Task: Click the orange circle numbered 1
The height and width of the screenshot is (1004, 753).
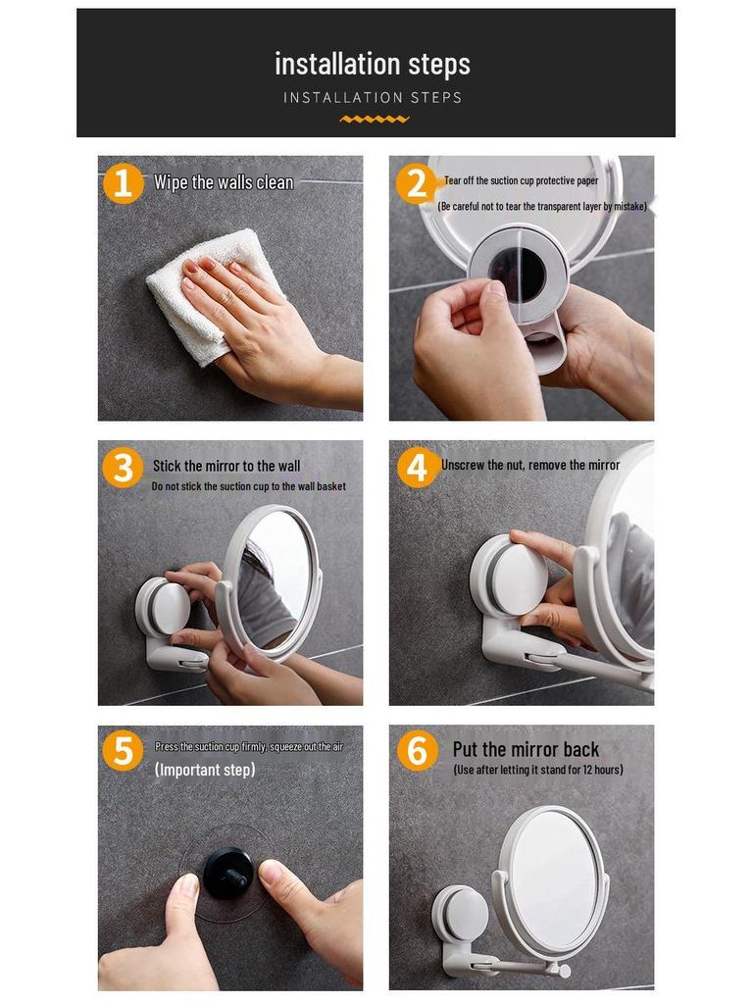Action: [123, 183]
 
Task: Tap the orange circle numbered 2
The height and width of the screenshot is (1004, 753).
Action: [416, 183]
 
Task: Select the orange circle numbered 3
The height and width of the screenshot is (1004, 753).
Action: [123, 468]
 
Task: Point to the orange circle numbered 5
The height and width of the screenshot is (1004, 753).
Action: [123, 752]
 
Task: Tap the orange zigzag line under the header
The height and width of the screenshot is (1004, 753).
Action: [375, 119]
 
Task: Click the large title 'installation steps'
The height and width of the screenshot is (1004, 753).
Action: [373, 64]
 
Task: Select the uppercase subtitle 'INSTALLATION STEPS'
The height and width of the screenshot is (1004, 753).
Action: [373, 97]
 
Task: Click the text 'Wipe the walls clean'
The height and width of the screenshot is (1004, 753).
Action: [223, 182]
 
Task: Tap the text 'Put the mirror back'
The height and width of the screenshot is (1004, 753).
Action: [526, 750]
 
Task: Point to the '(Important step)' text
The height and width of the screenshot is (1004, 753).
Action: [205, 771]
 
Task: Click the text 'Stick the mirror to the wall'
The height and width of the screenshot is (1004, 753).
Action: [226, 466]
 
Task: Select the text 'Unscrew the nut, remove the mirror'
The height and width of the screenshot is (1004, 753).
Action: [530, 465]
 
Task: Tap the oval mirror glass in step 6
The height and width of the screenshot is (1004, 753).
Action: [553, 878]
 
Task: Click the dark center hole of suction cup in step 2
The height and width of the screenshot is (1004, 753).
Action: [517, 274]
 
